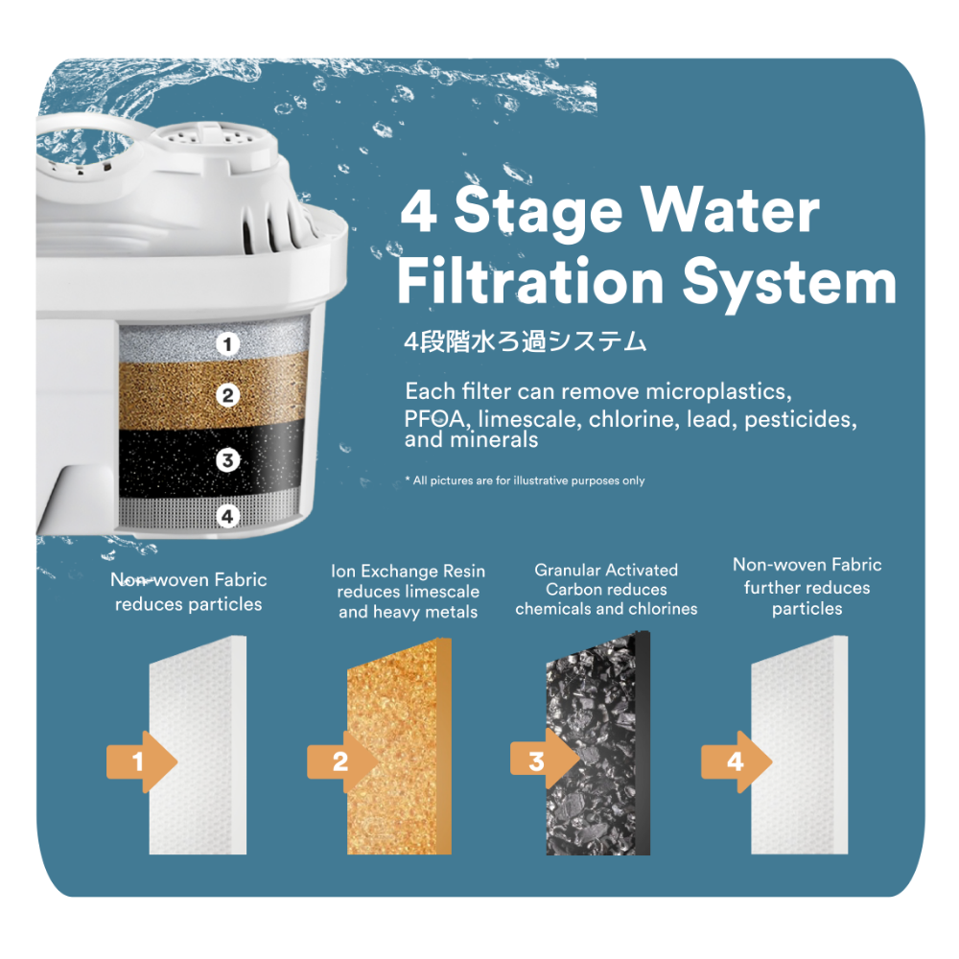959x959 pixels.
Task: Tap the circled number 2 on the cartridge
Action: tap(227, 394)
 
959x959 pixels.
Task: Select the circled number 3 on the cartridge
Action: tap(227, 460)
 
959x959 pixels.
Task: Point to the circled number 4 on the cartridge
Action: tap(227, 516)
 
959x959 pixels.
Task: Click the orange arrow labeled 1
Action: tap(142, 762)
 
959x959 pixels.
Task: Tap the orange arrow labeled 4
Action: tap(737, 762)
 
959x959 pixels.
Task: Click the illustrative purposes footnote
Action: tap(525, 480)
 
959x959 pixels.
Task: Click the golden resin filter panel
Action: tap(399, 747)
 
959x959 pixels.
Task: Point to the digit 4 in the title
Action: tap(418, 213)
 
